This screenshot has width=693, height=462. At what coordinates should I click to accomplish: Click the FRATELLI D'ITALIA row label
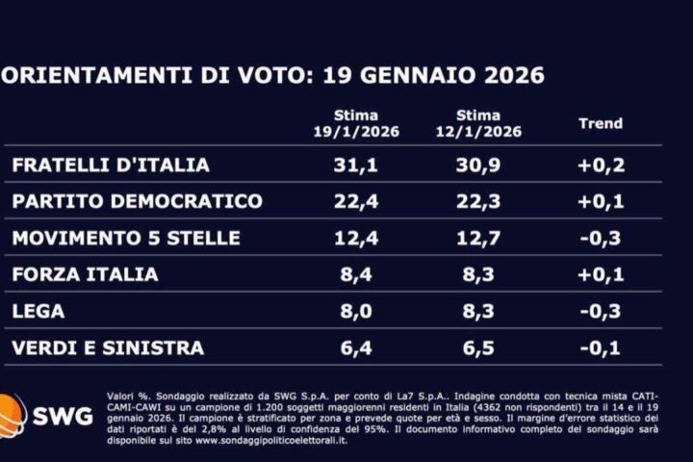(x=110, y=165)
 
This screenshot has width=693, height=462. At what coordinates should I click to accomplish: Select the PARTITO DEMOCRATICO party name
(x=137, y=201)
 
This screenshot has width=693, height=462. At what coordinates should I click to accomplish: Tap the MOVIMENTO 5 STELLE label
(x=125, y=238)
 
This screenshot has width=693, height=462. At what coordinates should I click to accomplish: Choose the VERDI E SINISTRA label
(x=108, y=347)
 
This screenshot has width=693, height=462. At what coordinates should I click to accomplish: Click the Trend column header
(x=601, y=123)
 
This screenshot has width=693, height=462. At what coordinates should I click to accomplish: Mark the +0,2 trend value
(x=602, y=165)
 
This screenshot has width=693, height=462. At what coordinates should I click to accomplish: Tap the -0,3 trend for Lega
(x=602, y=311)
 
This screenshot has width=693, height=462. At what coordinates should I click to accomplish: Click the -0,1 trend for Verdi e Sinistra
(x=602, y=347)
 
